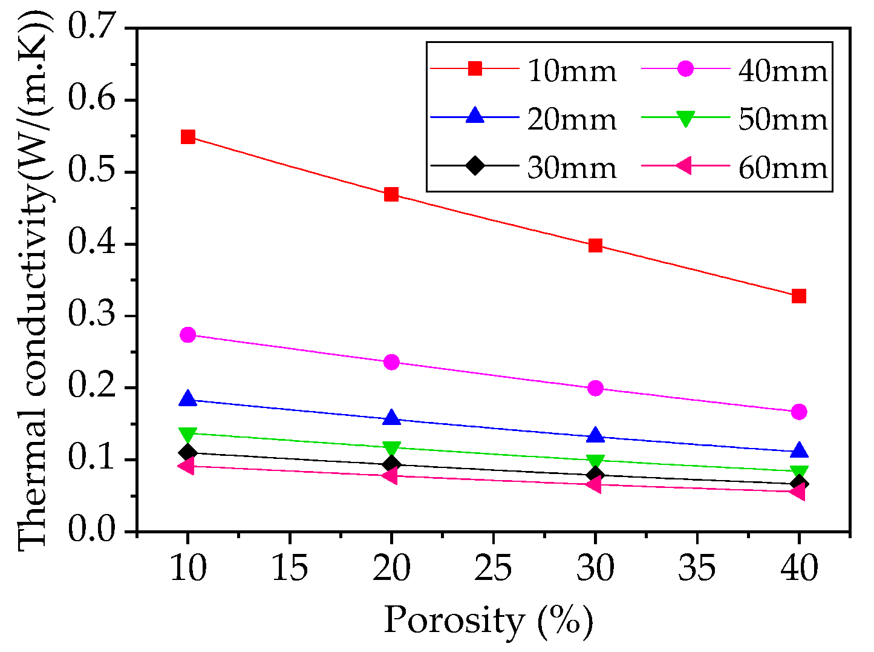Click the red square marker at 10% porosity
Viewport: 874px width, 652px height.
pos(188,137)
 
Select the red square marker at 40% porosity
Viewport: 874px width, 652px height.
pos(798,296)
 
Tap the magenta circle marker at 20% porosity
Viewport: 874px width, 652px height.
pos(391,362)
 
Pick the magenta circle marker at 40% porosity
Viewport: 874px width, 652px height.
pos(798,412)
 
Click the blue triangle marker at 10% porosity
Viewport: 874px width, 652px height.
pos(188,399)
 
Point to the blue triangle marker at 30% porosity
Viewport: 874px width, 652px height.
pos(595,435)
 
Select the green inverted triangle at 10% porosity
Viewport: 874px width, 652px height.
pos(188,435)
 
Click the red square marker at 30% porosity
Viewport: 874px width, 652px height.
pos(595,245)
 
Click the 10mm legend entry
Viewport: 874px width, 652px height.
pos(571,71)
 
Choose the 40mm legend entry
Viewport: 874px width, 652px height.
pos(782,71)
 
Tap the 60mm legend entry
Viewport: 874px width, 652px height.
pos(782,168)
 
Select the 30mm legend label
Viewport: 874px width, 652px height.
pos(571,168)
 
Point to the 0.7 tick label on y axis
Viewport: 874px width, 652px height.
pos(94,28)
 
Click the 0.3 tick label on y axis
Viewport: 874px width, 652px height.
pos(94,315)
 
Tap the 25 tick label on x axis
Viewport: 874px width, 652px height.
pos(493,568)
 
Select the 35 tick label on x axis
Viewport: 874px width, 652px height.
pos(697,568)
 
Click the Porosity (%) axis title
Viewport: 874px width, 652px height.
pos(488,621)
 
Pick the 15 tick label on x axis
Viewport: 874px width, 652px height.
pos(289,568)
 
